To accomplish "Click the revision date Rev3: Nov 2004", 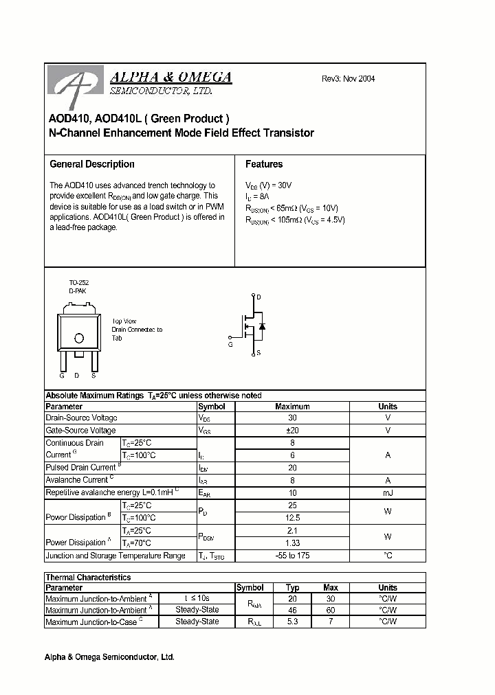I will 349,79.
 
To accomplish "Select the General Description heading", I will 92,164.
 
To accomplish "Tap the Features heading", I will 264,164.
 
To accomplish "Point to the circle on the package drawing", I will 79,339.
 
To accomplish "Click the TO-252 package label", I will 79,282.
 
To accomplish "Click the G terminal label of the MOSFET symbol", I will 230,345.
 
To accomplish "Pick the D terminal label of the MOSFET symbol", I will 258,297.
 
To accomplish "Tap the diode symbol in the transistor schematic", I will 262,325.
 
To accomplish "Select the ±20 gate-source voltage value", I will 292,431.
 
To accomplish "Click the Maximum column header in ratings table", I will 292,407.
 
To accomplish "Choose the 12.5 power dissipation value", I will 292,518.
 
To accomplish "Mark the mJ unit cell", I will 388,493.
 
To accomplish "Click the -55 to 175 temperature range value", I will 292,556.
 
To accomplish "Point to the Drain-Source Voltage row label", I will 81,418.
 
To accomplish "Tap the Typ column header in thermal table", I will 292,588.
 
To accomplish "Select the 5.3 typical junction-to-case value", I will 292,622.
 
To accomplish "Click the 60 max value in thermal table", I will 331,610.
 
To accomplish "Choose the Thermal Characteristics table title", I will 88,578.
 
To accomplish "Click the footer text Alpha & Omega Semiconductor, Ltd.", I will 109,657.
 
